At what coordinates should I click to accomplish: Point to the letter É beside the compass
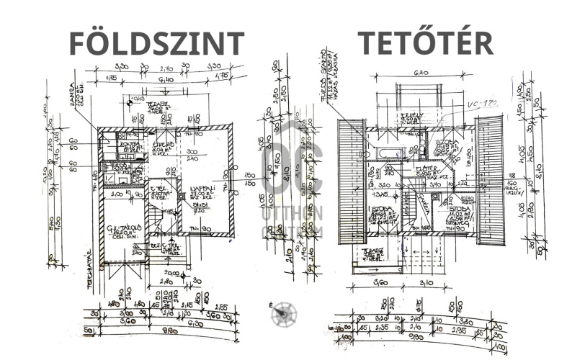pos(271,305)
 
